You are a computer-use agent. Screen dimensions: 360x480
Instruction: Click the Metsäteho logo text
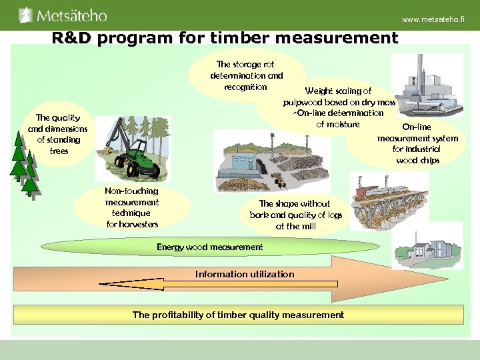point(71,15)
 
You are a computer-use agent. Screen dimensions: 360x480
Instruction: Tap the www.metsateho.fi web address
point(433,20)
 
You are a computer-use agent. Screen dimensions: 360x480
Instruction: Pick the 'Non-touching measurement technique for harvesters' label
point(131,207)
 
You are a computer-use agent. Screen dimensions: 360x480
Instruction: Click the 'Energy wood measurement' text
point(209,247)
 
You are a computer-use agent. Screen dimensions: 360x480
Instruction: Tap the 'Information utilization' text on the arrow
point(244,274)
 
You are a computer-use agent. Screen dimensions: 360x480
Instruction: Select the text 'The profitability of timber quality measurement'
point(238,315)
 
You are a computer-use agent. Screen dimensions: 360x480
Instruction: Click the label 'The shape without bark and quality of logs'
point(296,215)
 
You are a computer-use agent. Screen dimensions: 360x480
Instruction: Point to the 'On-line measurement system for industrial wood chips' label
point(417,143)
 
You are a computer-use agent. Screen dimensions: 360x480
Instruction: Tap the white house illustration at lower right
point(427,247)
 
